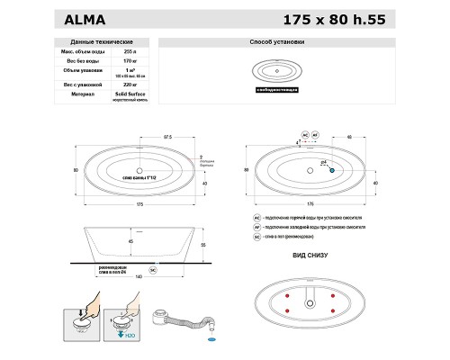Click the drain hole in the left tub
(139, 169)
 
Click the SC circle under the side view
(153, 269)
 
